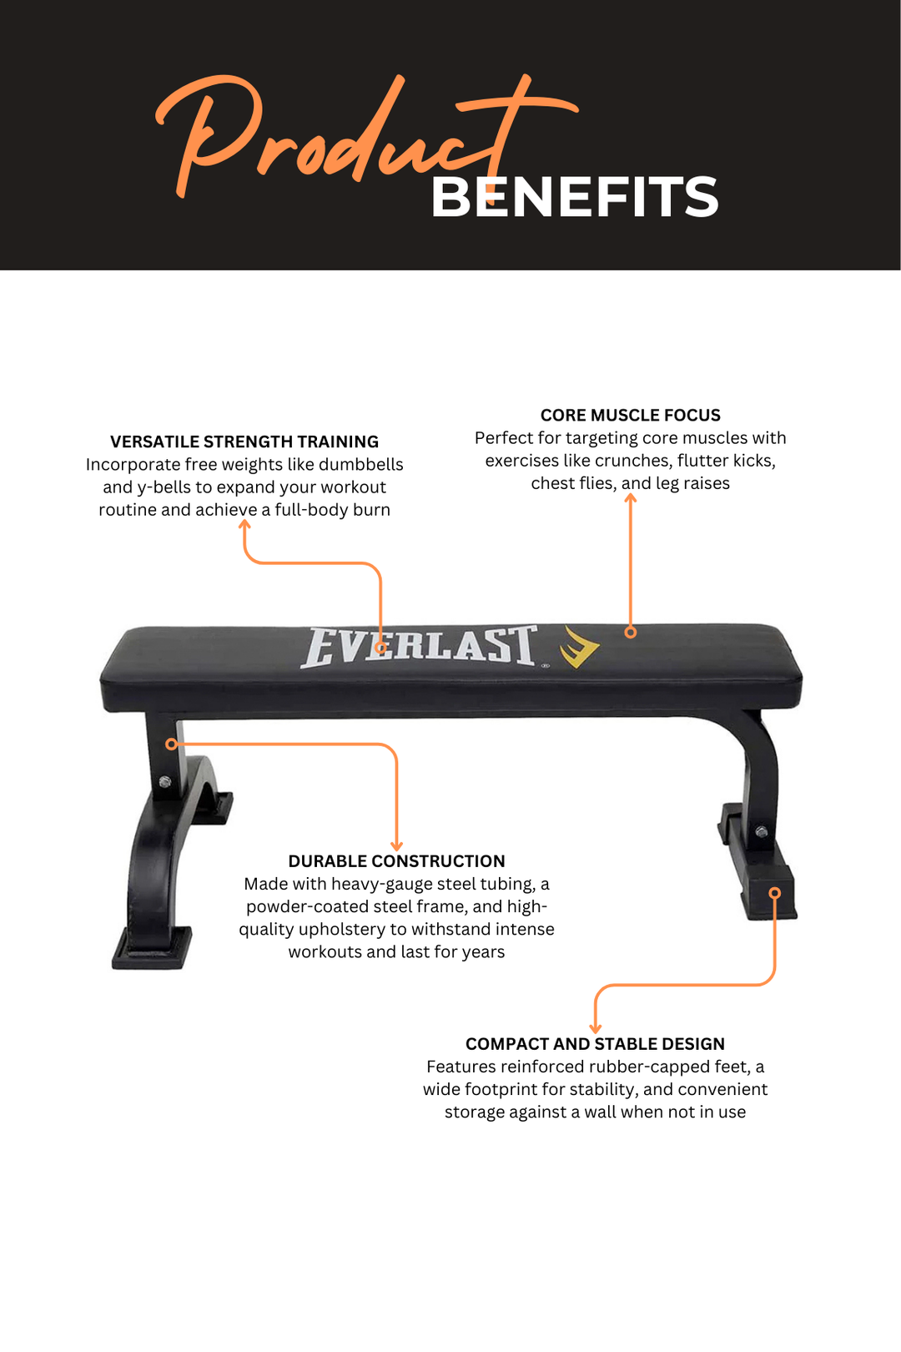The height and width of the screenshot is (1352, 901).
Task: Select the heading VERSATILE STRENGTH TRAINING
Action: coord(244,441)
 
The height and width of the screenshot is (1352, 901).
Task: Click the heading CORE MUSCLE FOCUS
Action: coord(630,415)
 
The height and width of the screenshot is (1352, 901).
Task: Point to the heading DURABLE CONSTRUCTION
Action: coord(396,861)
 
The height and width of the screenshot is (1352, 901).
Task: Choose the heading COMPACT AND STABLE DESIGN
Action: coord(595,1044)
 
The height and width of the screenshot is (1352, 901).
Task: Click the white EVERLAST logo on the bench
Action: coord(419,647)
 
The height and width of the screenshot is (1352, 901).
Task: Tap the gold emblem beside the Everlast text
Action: coord(579,647)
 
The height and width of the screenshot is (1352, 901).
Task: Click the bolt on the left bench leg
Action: coord(165,782)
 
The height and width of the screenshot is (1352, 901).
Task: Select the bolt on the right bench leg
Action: coord(761,832)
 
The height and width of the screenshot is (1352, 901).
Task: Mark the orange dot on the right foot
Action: coord(775,893)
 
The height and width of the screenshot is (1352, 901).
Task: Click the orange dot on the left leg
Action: coord(171,744)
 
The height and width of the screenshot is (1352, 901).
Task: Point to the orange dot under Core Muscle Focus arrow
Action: coord(631,633)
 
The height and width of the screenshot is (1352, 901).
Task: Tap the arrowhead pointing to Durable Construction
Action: coord(396,846)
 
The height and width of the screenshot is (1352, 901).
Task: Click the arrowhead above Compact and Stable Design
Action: coord(595,1028)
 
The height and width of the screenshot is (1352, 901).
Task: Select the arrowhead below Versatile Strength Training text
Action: coord(244,524)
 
